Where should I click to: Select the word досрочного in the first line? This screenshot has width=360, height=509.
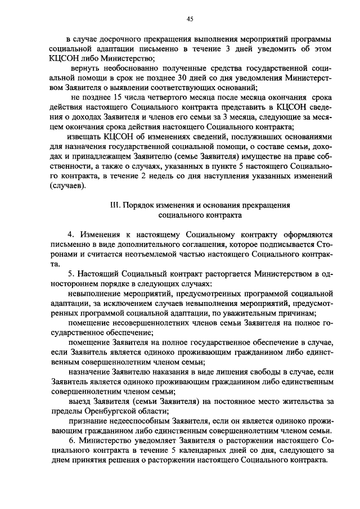click(119, 40)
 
